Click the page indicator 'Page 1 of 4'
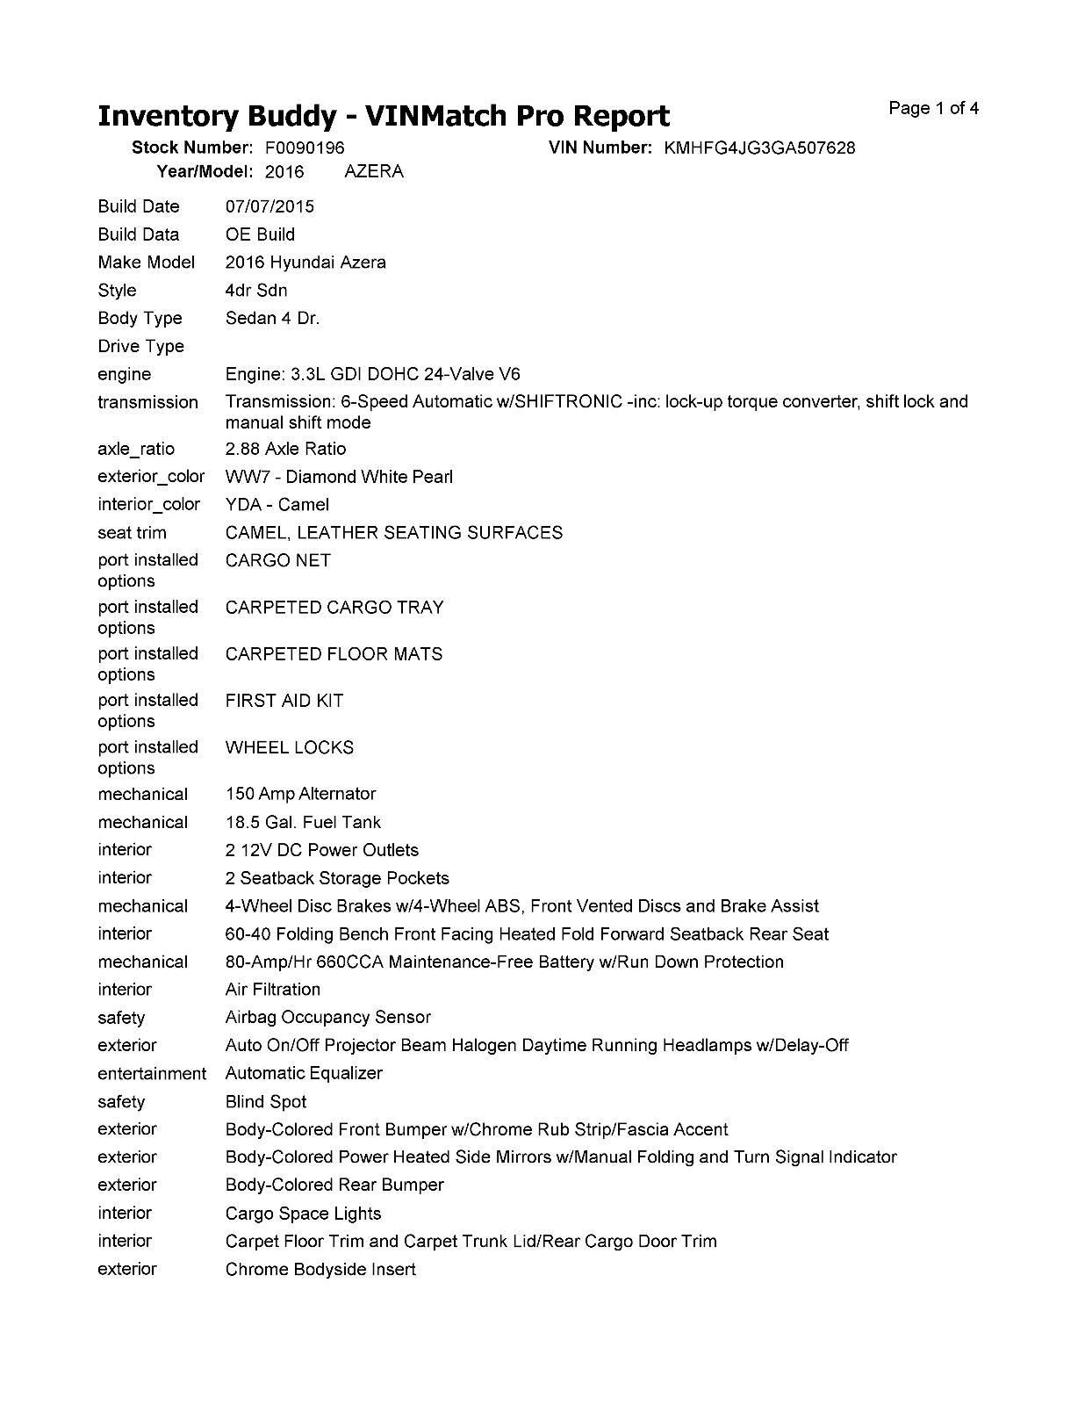pyautogui.click(x=933, y=109)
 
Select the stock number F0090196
pyautogui.click(x=305, y=148)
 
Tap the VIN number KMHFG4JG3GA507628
pyautogui.click(x=759, y=148)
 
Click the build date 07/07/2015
pyautogui.click(x=269, y=206)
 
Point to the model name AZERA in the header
pyautogui.click(x=374, y=171)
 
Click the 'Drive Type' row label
pyautogui.click(x=140, y=346)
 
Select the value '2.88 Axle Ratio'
pyautogui.click(x=285, y=449)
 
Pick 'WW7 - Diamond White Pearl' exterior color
pyautogui.click(x=339, y=477)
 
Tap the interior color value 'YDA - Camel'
pyautogui.click(x=277, y=505)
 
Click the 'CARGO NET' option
pyautogui.click(x=277, y=560)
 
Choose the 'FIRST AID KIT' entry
pyautogui.click(x=284, y=701)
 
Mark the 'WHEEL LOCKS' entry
pyautogui.click(x=290, y=747)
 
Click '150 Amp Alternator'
pyautogui.click(x=300, y=794)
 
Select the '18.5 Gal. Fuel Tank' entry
pyautogui.click(x=303, y=822)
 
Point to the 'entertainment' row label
pyautogui.click(x=152, y=1073)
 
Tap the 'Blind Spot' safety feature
pyautogui.click(x=266, y=1101)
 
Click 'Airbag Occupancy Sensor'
pyautogui.click(x=328, y=1017)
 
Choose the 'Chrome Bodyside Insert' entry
pyautogui.click(x=320, y=1269)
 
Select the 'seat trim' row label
pyautogui.click(x=132, y=533)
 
